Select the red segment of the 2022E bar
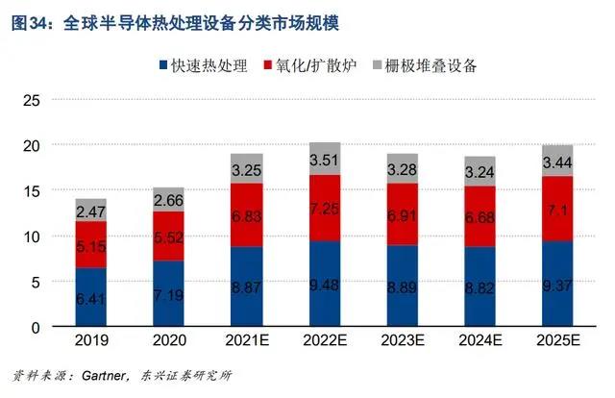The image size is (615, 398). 325,208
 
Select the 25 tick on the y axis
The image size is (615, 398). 30,100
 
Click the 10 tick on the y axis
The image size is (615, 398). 30,236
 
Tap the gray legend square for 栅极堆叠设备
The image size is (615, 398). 368,66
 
